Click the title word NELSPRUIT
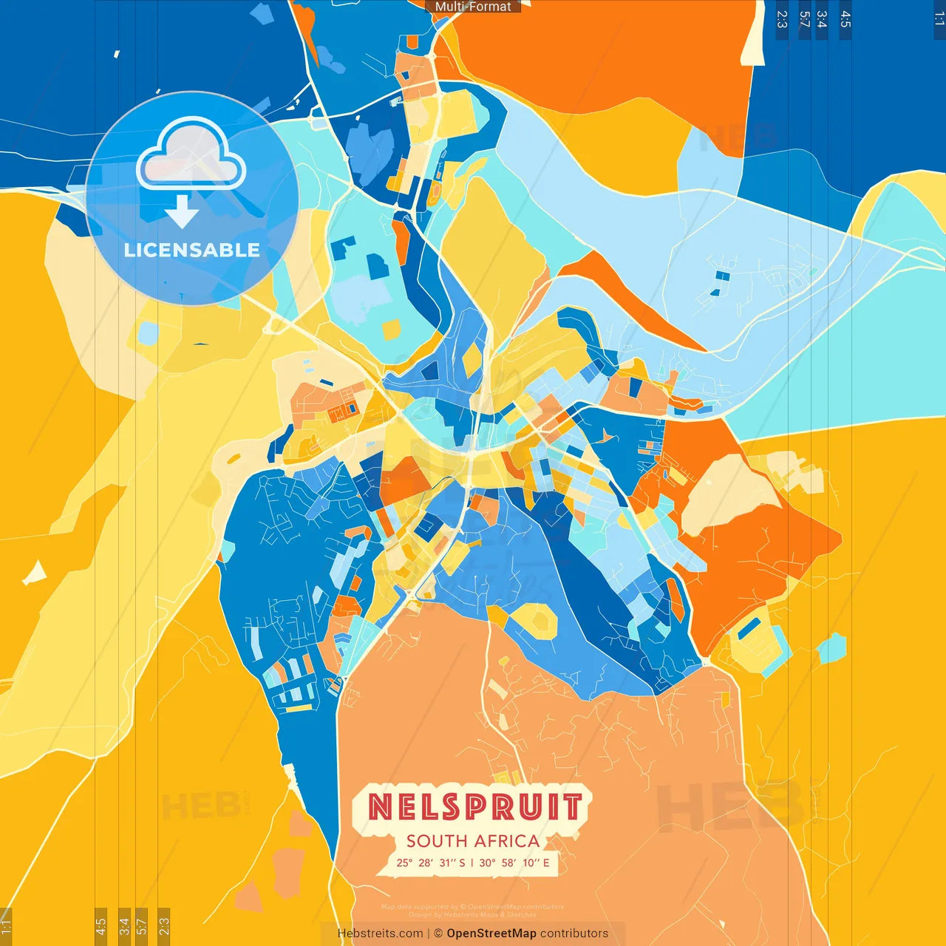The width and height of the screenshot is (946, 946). tap(474, 806)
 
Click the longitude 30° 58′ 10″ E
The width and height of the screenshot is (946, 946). tap(514, 862)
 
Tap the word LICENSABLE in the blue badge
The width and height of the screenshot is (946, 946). tap(192, 250)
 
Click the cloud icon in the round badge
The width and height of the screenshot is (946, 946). tap(191, 154)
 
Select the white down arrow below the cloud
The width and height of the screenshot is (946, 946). tap(182, 211)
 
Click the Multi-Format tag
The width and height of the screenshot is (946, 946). tap(473, 7)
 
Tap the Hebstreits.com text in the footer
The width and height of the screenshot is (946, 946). tap(380, 933)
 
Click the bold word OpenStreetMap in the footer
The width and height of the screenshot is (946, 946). tap(491, 933)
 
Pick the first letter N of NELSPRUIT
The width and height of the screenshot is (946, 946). tap(381, 806)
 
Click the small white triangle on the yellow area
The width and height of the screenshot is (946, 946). tap(35, 573)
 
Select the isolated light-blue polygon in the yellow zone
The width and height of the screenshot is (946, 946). tap(832, 648)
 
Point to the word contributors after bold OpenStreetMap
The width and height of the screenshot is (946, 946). tap(574, 933)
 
